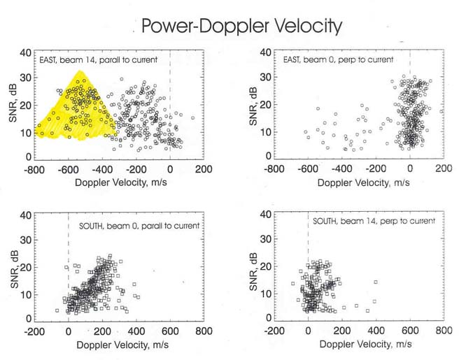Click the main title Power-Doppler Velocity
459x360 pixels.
pyautogui.click(x=241, y=27)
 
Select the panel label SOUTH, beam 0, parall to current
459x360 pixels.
pyautogui.click(x=137, y=225)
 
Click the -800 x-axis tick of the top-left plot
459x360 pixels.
pyautogui.click(x=34, y=169)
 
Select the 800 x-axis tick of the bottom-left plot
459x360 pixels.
pyautogui.click(x=204, y=331)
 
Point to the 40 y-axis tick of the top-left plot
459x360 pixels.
pyautogui.click(x=25, y=52)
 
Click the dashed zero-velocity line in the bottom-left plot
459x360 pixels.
pyautogui.click(x=68, y=259)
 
